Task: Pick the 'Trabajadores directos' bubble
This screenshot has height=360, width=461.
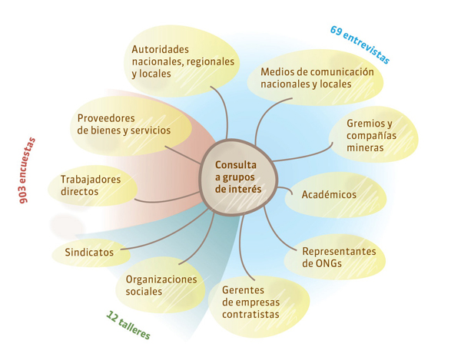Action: (91, 186)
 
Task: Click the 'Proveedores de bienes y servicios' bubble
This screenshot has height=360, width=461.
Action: (125, 125)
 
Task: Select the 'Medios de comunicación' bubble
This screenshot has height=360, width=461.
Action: (317, 78)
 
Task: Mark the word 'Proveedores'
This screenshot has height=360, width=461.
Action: (107, 118)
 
